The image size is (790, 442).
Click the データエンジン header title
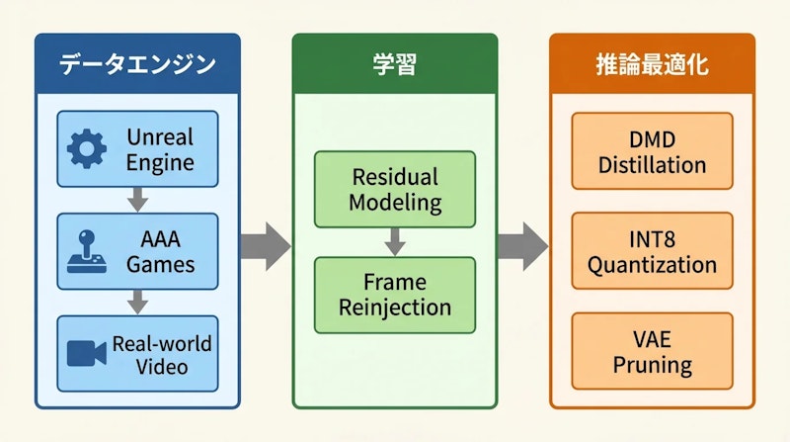click(x=137, y=65)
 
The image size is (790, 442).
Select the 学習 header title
click(x=394, y=65)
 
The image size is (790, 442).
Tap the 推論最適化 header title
click(x=652, y=65)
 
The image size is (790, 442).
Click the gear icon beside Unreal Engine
click(x=86, y=148)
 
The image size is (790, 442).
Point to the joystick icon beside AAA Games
click(x=86, y=251)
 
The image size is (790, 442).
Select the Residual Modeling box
click(x=394, y=189)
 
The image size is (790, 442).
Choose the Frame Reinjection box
click(x=394, y=294)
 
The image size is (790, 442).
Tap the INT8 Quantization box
click(x=652, y=252)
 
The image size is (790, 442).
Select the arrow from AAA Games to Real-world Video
click(x=138, y=302)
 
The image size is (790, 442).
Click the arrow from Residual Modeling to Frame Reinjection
click(x=394, y=241)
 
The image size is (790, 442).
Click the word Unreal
click(x=159, y=136)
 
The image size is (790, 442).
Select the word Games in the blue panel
click(x=160, y=264)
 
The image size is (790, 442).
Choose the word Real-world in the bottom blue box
click(x=161, y=344)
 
